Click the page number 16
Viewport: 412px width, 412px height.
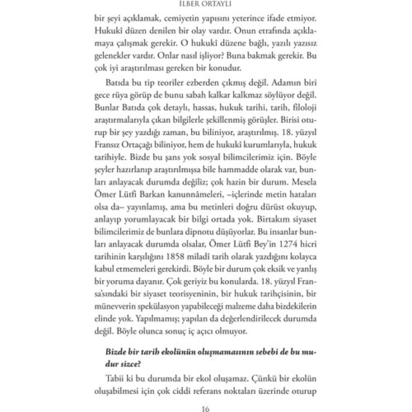pos(206,409)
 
